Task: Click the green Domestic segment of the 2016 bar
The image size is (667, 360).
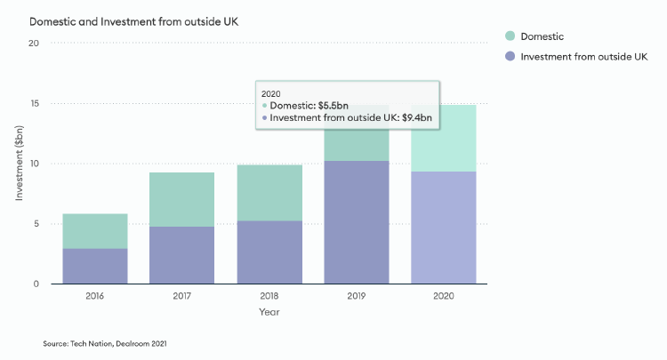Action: click(x=94, y=231)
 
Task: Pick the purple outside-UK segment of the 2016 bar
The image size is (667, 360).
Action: click(x=94, y=266)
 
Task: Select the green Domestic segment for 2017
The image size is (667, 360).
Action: click(x=181, y=199)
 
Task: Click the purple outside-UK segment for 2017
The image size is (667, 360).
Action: click(x=181, y=255)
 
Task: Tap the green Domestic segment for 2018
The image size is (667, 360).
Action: click(x=269, y=192)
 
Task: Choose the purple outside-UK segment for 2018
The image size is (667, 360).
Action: click(x=269, y=252)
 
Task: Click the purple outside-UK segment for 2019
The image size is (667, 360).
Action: click(x=356, y=222)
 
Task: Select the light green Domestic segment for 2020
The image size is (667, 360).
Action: click(x=443, y=138)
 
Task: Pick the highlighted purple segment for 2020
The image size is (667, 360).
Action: click(x=443, y=228)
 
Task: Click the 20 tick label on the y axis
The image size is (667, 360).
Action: click(x=33, y=44)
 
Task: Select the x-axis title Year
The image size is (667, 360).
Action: click(x=269, y=313)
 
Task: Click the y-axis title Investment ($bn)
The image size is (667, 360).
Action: click(x=19, y=164)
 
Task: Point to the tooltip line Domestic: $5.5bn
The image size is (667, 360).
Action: click(x=308, y=105)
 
